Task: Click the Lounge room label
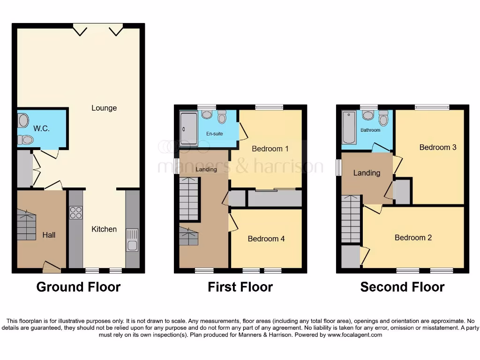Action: [x=104, y=108]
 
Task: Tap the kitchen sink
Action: [x=132, y=240]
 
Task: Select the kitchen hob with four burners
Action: [x=76, y=213]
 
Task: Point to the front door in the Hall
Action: [x=52, y=268]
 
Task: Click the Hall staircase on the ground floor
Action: [x=27, y=225]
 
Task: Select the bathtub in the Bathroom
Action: [x=349, y=127]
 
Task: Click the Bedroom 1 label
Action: [x=270, y=149]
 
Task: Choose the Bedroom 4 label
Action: [x=266, y=239]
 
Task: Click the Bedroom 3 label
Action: [x=437, y=147]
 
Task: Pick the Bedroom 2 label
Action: [x=413, y=238]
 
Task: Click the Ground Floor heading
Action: [x=78, y=287]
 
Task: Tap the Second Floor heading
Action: [x=402, y=287]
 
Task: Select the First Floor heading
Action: [x=240, y=287]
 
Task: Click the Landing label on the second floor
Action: [x=367, y=173]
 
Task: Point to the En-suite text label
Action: [x=215, y=134]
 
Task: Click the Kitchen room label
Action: [x=104, y=229]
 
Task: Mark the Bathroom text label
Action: [x=370, y=130]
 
